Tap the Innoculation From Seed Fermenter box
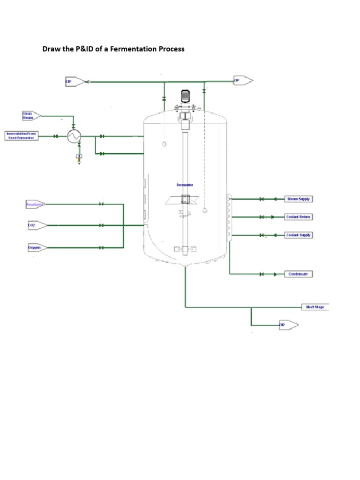[x=21, y=136]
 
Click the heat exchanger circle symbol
[x=74, y=136]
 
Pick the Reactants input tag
[x=35, y=204]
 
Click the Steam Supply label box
[x=299, y=199]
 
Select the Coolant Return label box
[x=299, y=217]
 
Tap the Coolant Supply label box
[x=299, y=235]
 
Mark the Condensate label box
[x=298, y=274]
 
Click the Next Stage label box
[x=315, y=307]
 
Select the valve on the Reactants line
[x=101, y=204]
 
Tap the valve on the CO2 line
[x=101, y=225]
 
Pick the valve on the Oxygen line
[x=101, y=247]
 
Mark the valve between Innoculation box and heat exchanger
[x=56, y=136]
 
